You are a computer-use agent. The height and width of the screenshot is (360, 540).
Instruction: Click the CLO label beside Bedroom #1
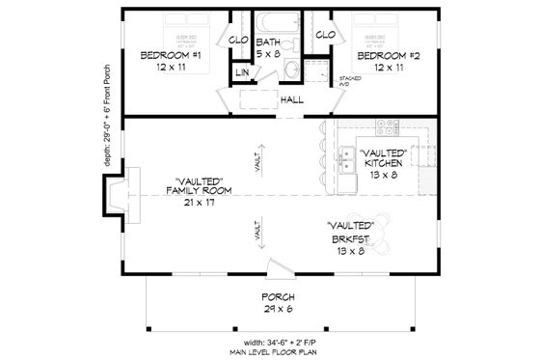[238, 41]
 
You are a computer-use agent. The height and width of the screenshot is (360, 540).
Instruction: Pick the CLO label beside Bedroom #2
[325, 35]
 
